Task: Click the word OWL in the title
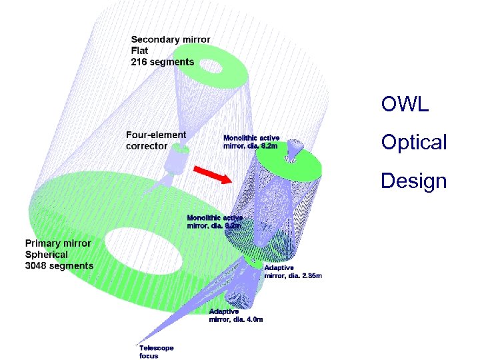[x=405, y=104]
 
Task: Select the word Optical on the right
[x=413, y=142]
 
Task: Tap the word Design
[x=413, y=180]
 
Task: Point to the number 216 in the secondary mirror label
[x=140, y=62]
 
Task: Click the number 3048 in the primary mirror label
[x=38, y=265]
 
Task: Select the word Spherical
[x=47, y=254]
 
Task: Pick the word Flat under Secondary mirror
[x=141, y=51]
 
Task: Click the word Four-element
[x=157, y=135]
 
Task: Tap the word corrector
[x=147, y=146]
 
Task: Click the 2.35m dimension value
[x=310, y=275]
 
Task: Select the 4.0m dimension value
[x=253, y=319]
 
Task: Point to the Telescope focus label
[x=155, y=351]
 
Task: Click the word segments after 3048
[x=73, y=265]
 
